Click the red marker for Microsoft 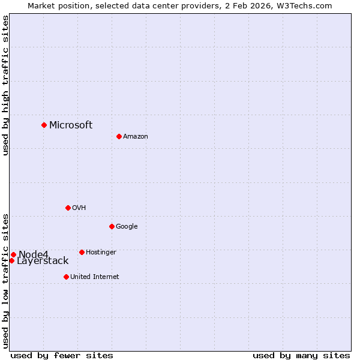44,125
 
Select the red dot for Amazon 119,136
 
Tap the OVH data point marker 68,208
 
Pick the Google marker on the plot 112,226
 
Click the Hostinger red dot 82,252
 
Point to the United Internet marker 66,277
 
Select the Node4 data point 13,254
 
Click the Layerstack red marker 11,260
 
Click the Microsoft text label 71,125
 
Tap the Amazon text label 135,137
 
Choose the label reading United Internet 94,277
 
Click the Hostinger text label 101,253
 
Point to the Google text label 127,227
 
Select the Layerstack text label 43,261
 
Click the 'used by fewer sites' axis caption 62,355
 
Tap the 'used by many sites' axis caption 301,355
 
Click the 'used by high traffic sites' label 5,85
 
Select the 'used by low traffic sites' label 5,280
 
